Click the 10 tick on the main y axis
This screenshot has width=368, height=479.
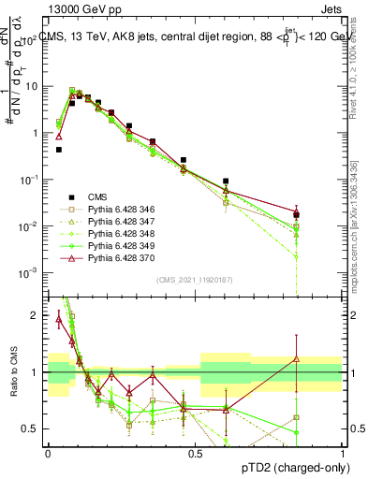tap(32, 86)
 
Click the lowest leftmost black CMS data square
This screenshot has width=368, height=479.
tap(59, 149)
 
